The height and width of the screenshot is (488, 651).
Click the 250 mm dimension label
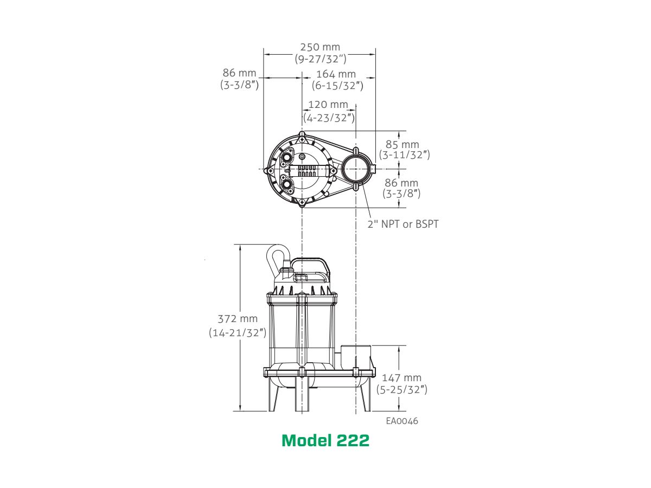(320, 47)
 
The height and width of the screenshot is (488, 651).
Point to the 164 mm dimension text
(336, 74)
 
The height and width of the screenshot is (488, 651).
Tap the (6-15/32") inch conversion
(337, 85)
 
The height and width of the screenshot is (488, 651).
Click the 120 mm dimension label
(328, 105)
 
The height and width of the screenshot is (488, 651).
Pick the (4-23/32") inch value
(329, 117)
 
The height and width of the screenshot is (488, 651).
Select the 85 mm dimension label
(402, 144)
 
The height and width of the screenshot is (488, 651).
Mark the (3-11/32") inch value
(404, 155)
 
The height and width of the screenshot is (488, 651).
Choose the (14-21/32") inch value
(237, 332)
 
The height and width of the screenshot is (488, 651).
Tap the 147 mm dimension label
(401, 378)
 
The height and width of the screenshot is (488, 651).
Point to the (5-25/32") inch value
(401, 389)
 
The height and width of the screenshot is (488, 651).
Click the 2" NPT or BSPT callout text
(403, 224)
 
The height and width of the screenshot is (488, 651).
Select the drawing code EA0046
(402, 421)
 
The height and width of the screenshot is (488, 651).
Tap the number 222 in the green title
(353, 441)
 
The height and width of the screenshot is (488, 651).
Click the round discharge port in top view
(355, 169)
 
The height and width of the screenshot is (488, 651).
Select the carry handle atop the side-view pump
(310, 265)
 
